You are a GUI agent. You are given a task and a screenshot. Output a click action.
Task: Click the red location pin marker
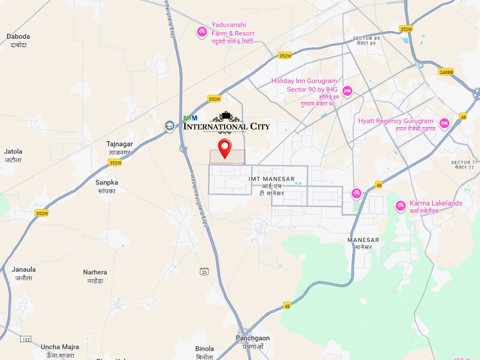pyautogui.click(x=225, y=147)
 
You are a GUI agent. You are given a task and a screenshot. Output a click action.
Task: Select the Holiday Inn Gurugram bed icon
pyautogui.click(x=348, y=91)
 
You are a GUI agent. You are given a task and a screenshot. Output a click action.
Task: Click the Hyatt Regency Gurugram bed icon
pyautogui.click(x=444, y=123)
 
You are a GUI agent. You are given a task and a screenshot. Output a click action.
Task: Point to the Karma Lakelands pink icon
pyautogui.click(x=400, y=206)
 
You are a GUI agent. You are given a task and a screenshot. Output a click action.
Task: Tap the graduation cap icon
pyautogui.click(x=170, y=126)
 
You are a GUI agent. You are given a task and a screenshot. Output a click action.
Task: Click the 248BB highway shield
pyautogui.click(x=446, y=72)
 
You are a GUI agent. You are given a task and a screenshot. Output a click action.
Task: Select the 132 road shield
pyautogui.click(x=26, y=340)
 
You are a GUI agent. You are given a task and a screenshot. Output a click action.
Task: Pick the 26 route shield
pyautogui.click(x=204, y=272)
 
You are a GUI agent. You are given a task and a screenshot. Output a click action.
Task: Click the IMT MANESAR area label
pyautogui.click(x=272, y=179)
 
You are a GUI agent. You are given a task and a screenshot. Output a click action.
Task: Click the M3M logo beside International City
pyautogui.click(x=190, y=118)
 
